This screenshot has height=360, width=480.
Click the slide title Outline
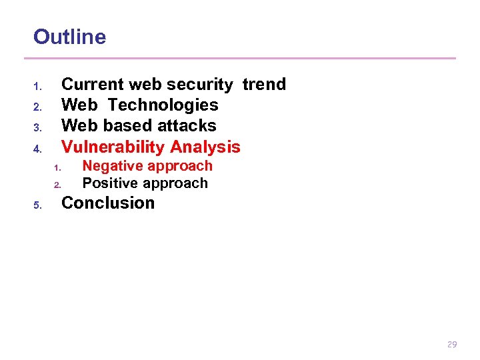pyautogui.click(x=69, y=37)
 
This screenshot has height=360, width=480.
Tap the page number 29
pyautogui.click(x=452, y=345)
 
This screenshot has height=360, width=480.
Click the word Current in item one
pyautogui.click(x=92, y=85)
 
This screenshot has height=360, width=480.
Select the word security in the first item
pyautogui.click(x=200, y=85)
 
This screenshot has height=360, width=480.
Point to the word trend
pyautogui.click(x=264, y=85)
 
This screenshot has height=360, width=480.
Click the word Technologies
pyautogui.click(x=163, y=105)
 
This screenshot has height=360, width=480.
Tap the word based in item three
pyautogui.click(x=127, y=126)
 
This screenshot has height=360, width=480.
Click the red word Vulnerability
pyautogui.click(x=113, y=147)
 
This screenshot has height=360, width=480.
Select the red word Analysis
pyautogui.click(x=205, y=147)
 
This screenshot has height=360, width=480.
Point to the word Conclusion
pyautogui.click(x=108, y=203)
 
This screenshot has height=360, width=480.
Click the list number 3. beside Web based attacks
pyautogui.click(x=38, y=127)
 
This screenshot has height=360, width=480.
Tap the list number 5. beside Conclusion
pyautogui.click(x=38, y=205)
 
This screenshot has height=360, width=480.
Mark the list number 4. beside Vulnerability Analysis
pyautogui.click(x=38, y=148)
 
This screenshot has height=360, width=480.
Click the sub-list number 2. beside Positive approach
pyautogui.click(x=57, y=185)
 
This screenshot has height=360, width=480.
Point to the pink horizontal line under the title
pyautogui.click(x=244, y=59)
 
